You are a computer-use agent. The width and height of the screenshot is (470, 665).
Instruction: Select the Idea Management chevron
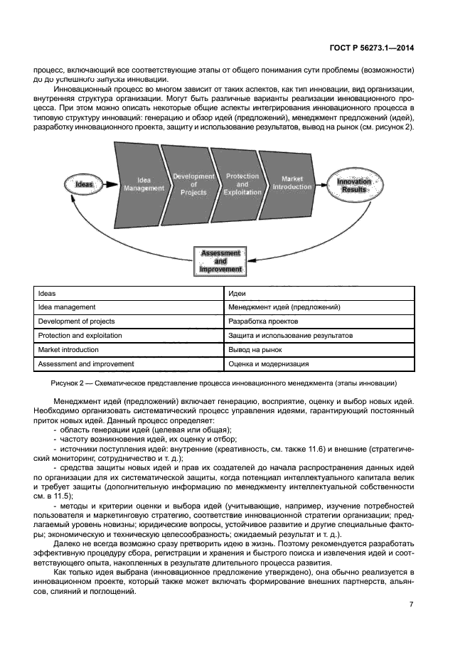143,183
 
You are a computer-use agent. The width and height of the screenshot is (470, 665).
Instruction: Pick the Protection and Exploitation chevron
242,183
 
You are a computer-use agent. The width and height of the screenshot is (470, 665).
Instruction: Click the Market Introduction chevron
292,183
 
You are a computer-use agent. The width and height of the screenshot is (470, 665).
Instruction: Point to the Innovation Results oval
353,186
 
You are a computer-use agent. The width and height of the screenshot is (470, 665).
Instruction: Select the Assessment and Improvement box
220,262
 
